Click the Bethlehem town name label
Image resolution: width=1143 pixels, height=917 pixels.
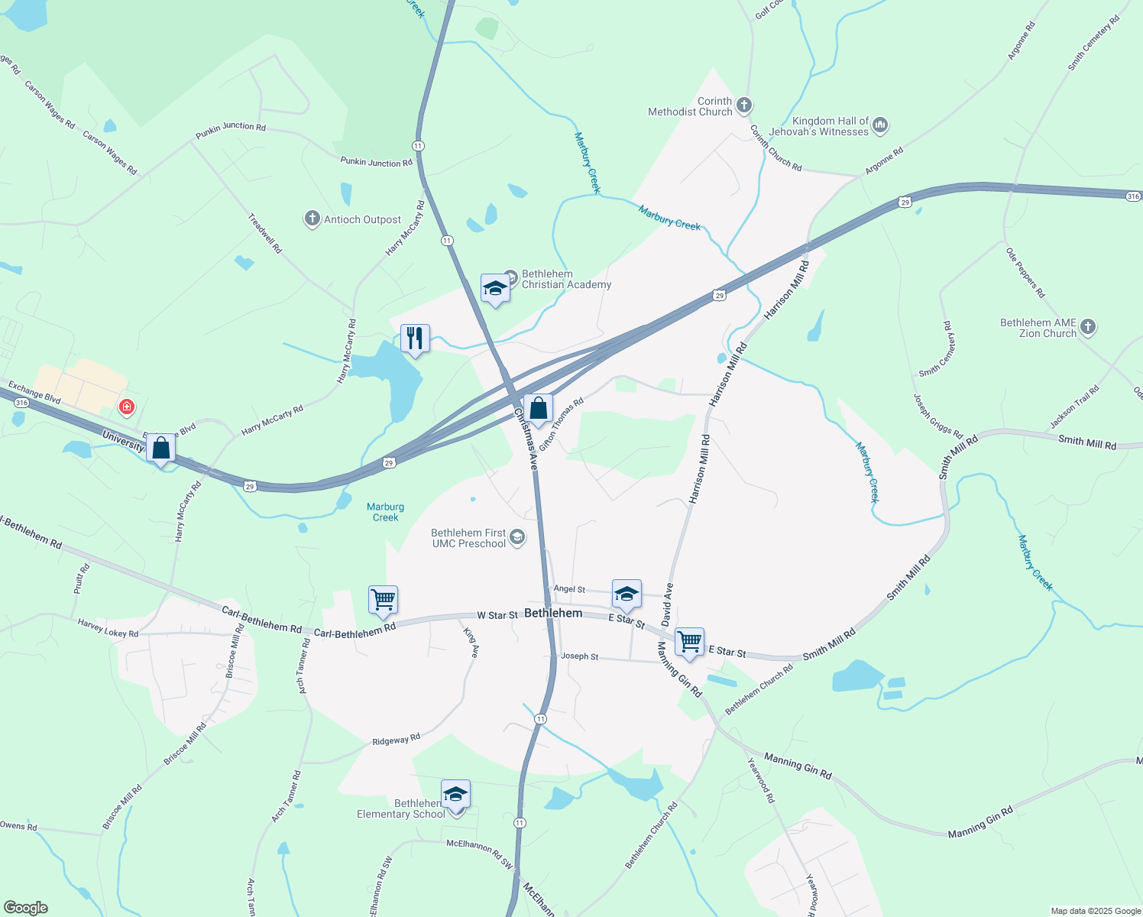(554, 613)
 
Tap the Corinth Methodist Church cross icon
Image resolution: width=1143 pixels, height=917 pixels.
(744, 106)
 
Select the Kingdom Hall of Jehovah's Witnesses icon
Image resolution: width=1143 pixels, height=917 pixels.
(880, 125)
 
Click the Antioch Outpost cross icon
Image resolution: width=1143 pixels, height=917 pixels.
(312, 219)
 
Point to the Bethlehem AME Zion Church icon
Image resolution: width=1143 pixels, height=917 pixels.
(1088, 328)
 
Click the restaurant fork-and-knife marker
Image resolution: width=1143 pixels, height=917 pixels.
(415, 338)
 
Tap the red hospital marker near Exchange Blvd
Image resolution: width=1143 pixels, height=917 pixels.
(127, 407)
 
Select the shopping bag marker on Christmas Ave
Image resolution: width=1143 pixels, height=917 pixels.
(538, 409)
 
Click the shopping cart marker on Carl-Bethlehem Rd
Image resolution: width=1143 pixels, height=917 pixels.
(383, 599)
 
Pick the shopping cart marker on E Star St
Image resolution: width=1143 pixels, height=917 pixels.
(689, 641)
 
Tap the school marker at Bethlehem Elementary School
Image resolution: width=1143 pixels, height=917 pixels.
(455, 795)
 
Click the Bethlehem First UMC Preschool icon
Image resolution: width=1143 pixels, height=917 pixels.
(517, 538)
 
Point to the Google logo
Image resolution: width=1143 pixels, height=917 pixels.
(25, 908)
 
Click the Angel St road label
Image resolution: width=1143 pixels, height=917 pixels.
(569, 589)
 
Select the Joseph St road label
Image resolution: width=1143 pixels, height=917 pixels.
(580, 656)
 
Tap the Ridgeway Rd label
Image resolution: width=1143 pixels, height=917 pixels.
(396, 740)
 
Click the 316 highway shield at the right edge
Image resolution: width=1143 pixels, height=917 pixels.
(1134, 196)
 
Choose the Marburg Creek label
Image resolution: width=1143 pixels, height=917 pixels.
(386, 512)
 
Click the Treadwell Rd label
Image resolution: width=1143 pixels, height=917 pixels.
(265, 233)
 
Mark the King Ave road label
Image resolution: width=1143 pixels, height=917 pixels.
(471, 643)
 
